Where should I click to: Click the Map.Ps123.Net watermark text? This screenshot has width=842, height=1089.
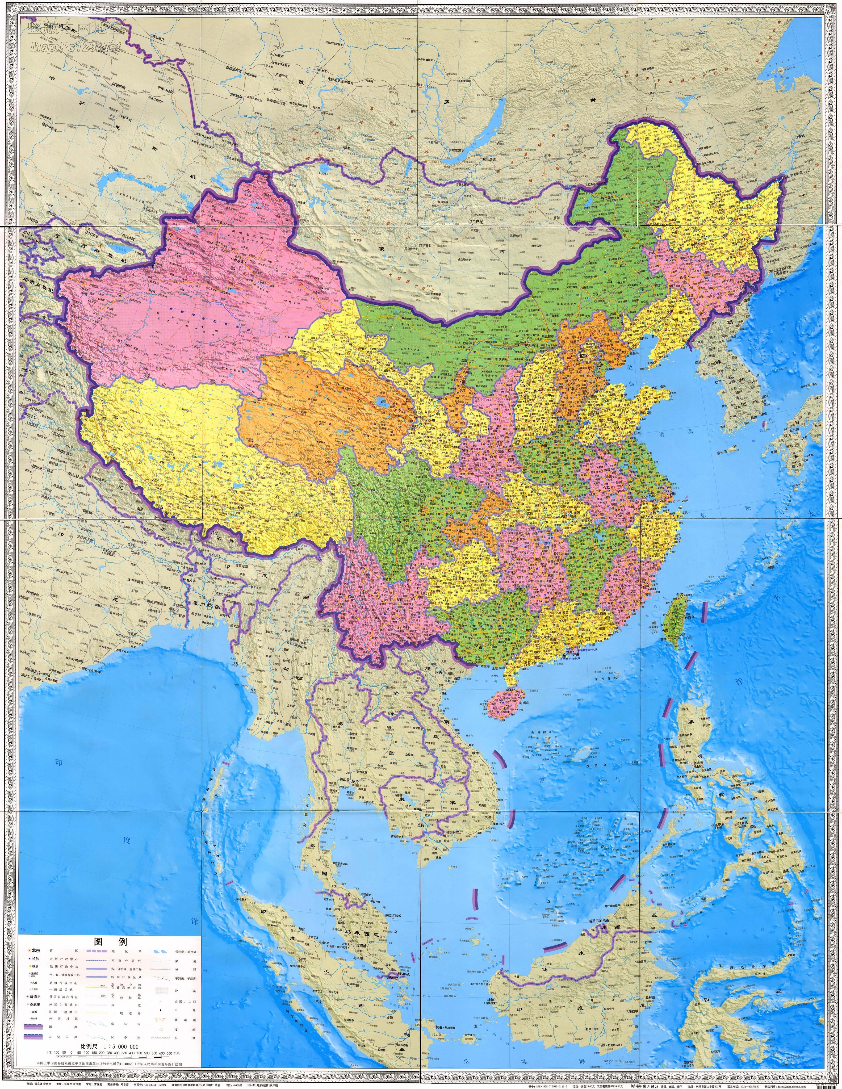click(x=75, y=46)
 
